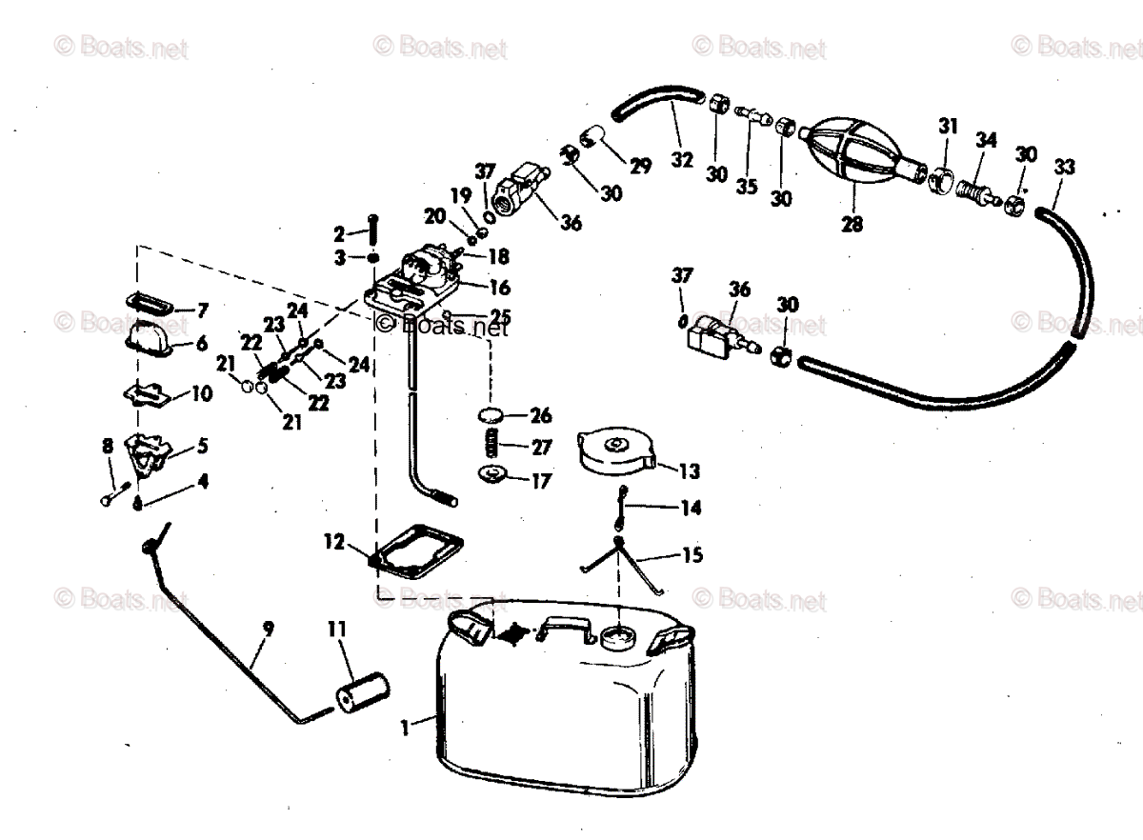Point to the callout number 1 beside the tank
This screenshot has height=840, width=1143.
click(405, 728)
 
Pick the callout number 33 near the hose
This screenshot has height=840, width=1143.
click(1064, 168)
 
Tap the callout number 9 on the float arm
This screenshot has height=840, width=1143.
click(268, 629)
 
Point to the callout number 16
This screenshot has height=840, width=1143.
click(500, 287)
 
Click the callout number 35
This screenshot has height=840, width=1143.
click(747, 187)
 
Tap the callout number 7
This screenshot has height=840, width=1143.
click(202, 310)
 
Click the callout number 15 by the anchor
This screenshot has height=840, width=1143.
click(692, 554)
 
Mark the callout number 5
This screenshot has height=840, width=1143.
click(202, 445)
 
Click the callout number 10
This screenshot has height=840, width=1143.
click(202, 393)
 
